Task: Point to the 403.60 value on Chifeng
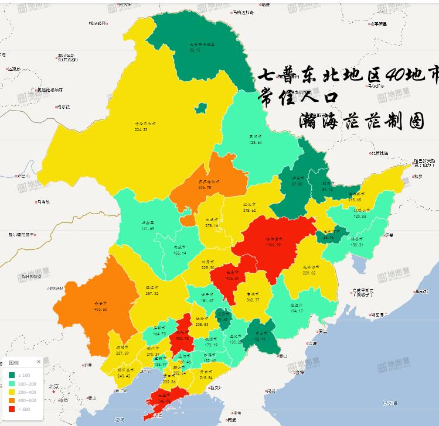coord(101,309)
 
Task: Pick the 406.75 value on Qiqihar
coord(209,187)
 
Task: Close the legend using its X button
coord(39,362)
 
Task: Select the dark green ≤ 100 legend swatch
coord(12,375)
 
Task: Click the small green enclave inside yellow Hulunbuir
coord(201,108)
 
